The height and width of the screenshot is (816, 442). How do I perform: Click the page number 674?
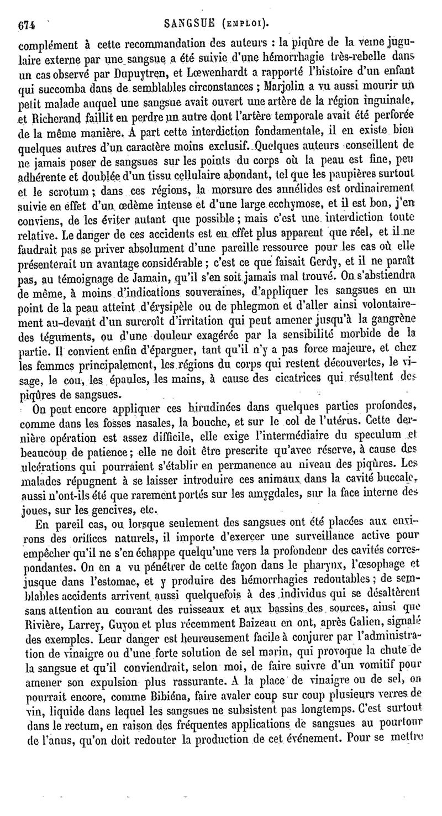27,24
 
